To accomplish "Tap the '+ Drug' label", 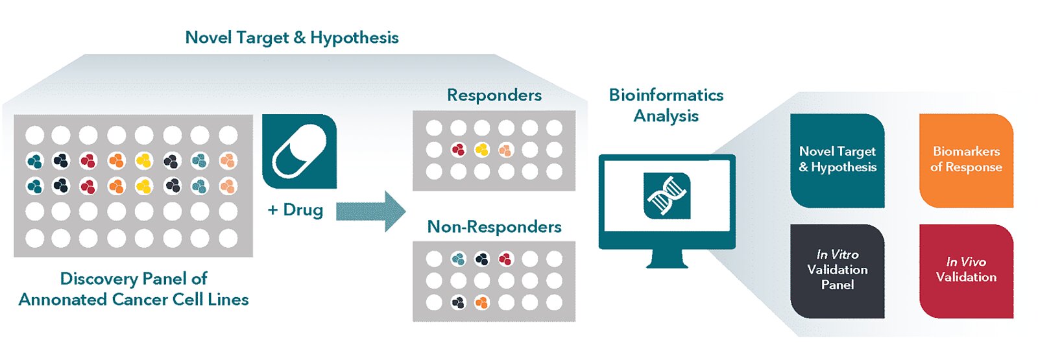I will pyautogui.click(x=295, y=210).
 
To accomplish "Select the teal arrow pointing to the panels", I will pyautogui.click(x=370, y=211).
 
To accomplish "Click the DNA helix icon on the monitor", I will pyautogui.click(x=666, y=195).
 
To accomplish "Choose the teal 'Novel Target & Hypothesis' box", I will pyautogui.click(x=837, y=160).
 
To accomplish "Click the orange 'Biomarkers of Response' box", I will pyautogui.click(x=966, y=160).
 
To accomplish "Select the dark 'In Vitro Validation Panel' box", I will pyautogui.click(x=837, y=270).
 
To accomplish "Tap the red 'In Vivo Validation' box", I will pyautogui.click(x=966, y=270).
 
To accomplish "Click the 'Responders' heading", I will pyautogui.click(x=494, y=95).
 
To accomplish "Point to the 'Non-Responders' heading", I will pyautogui.click(x=494, y=227).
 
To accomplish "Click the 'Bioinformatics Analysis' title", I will pyautogui.click(x=666, y=105).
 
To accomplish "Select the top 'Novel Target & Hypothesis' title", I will pyautogui.click(x=292, y=38).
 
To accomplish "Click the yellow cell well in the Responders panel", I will pyautogui.click(x=481, y=150).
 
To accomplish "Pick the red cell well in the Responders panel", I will pyautogui.click(x=458, y=150).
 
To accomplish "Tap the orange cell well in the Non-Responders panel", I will pyautogui.click(x=481, y=302).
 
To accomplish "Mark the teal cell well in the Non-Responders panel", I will pyautogui.click(x=458, y=259).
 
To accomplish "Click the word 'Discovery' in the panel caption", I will pyautogui.click(x=95, y=279).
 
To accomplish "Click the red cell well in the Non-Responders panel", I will pyautogui.click(x=505, y=259).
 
